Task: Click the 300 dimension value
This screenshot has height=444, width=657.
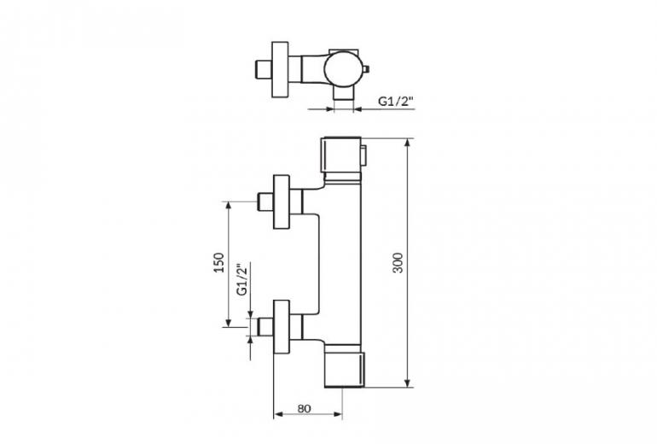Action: [x=398, y=263]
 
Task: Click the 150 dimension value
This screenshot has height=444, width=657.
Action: [x=219, y=263]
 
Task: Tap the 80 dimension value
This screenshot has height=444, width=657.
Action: [x=304, y=408]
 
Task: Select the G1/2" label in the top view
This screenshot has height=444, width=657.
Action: [x=396, y=101]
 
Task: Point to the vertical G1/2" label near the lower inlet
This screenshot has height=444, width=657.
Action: [x=242, y=280]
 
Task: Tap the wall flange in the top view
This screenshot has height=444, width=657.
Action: [x=281, y=70]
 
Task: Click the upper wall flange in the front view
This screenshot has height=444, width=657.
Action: [x=282, y=202]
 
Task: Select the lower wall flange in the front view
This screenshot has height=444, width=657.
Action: [x=282, y=327]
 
